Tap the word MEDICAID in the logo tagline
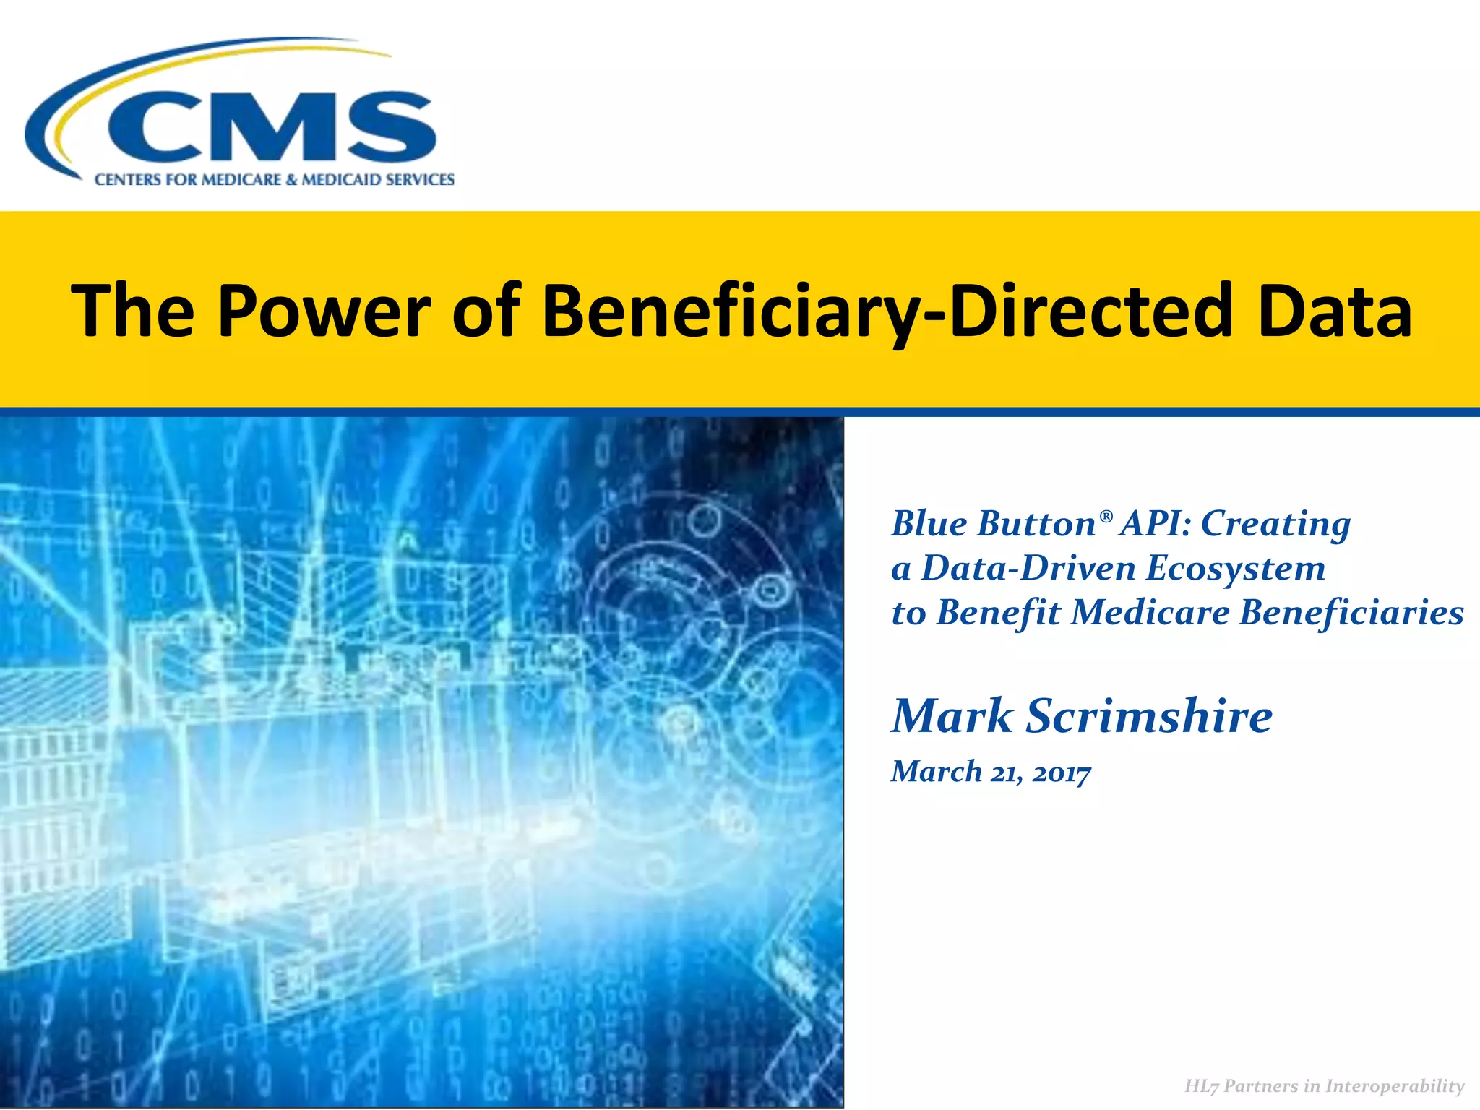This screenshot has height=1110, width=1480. (x=337, y=180)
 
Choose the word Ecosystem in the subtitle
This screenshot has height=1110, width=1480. (x=1236, y=568)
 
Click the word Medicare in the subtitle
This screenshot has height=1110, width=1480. (x=1150, y=613)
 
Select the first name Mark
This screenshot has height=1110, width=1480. (x=952, y=716)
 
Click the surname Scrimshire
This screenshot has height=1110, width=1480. (x=1150, y=716)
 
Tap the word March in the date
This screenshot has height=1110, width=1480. (x=937, y=772)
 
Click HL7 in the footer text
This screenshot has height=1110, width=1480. (x=1202, y=1086)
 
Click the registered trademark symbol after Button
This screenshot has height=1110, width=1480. (x=1106, y=515)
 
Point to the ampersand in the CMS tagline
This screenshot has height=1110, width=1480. (x=291, y=180)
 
